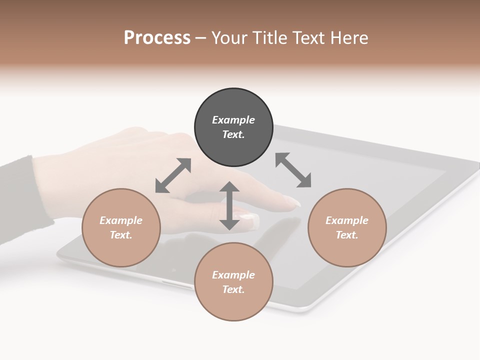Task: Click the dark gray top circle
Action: [x=233, y=127]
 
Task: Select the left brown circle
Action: [x=121, y=227]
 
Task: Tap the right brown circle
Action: [x=347, y=227]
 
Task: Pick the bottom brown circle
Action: [x=233, y=282]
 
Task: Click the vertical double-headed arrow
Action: [x=229, y=205]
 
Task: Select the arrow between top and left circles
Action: [x=173, y=175]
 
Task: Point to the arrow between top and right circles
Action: [x=293, y=170]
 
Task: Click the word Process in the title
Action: [x=157, y=37]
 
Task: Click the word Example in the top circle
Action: [x=233, y=120]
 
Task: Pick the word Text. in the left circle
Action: [x=121, y=235]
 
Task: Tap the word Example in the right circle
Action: [x=347, y=220]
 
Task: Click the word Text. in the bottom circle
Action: [x=233, y=289]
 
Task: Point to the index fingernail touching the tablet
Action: [x=292, y=202]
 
